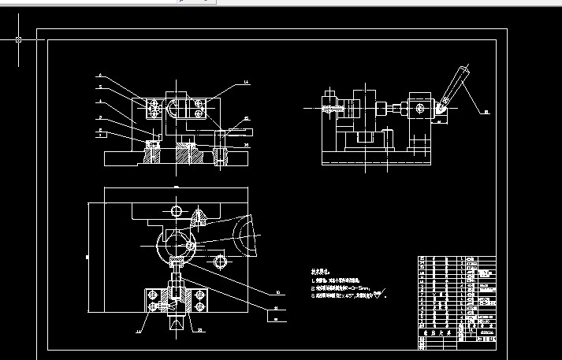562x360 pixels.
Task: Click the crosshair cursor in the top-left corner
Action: [18, 38]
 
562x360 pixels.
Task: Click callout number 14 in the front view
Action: [245, 82]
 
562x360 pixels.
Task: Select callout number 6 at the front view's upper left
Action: [101, 76]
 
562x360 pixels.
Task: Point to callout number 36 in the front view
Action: [247, 146]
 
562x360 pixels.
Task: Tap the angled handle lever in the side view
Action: [452, 87]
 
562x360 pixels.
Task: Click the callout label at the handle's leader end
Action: [486, 113]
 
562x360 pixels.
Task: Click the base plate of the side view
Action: [377, 160]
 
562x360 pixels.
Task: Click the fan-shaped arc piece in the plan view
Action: [246, 236]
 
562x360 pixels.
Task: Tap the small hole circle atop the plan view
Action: [175, 210]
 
